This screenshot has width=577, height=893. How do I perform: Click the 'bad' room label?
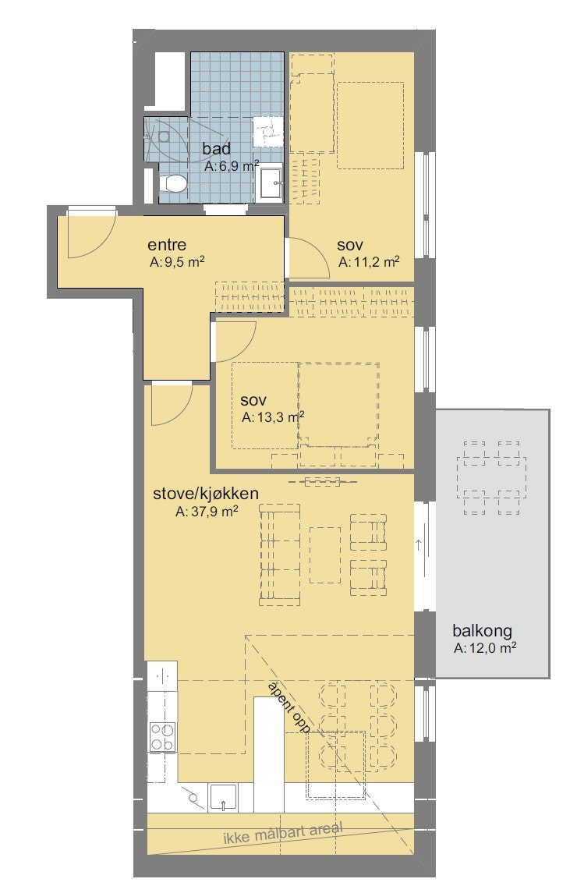216,148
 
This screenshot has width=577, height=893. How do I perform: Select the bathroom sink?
271,185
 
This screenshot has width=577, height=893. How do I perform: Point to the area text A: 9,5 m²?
177,263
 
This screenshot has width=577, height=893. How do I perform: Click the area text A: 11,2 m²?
369,263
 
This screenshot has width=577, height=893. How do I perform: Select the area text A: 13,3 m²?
272,417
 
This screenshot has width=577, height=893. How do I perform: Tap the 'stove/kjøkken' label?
205,493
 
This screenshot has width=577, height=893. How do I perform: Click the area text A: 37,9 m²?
207,512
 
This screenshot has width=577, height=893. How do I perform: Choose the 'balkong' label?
483,631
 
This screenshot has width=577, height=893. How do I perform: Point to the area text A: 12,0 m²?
486,648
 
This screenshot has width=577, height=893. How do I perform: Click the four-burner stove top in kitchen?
162,737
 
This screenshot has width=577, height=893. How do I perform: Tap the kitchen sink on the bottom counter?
224,796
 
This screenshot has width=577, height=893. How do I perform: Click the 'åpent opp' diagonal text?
288,707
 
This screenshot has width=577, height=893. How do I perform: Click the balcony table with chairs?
492,477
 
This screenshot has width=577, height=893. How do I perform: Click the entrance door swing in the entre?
90,234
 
